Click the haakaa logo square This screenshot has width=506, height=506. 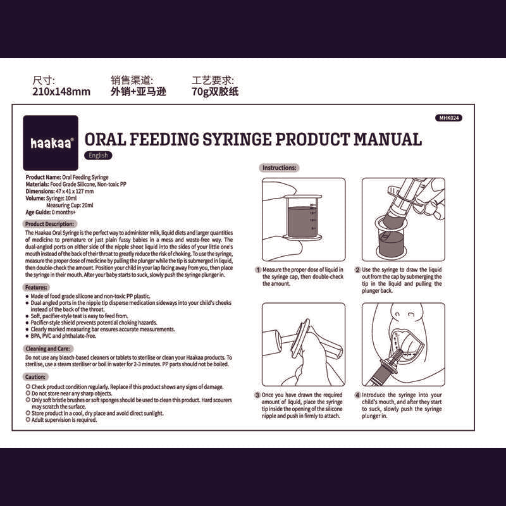point(51,143)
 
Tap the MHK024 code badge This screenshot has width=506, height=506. point(448,118)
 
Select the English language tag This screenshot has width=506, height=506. point(98,155)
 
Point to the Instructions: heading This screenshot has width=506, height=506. point(279,168)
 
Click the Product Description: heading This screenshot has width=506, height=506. point(49,224)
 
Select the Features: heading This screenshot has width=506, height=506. point(36,287)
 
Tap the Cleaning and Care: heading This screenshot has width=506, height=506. point(48,349)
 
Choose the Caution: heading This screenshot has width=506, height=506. point(35,376)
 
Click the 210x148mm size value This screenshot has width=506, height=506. point(61,92)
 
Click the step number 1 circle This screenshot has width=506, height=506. point(258,270)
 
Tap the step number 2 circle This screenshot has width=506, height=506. point(357,270)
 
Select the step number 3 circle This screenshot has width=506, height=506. point(257,395)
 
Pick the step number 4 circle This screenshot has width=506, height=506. point(357,395)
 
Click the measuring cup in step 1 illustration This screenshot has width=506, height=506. point(302,218)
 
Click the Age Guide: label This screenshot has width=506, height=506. point(38,213)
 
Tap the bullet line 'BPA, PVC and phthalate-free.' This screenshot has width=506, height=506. point(63,336)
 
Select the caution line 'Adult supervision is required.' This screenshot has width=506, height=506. point(65,420)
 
